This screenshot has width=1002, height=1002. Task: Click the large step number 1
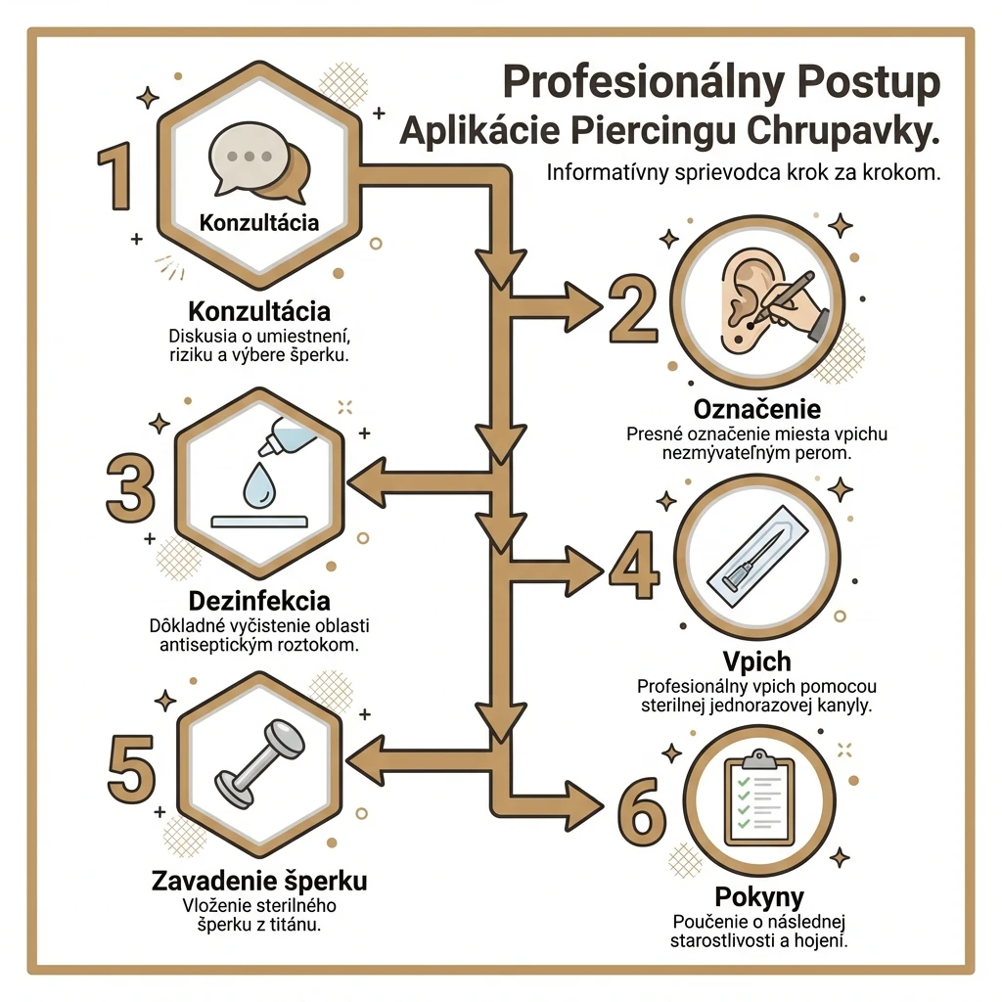(116, 176)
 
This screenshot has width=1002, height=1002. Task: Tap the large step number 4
(633, 565)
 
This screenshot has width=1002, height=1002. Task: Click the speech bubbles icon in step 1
(258, 161)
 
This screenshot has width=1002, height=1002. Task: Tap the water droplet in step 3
(258, 485)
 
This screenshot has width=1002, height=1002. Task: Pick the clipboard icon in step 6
(758, 798)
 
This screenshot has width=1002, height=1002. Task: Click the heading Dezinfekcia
(259, 602)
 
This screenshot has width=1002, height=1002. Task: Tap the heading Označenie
(757, 409)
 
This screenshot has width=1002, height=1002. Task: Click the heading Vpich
(757, 661)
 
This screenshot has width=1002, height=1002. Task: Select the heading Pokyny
(759, 896)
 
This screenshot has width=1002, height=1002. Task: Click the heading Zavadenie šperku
(259, 881)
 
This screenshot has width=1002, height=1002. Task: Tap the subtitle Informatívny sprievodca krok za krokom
(744, 173)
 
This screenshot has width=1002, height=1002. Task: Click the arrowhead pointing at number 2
(581, 306)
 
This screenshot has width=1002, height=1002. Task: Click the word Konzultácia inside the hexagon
(258, 223)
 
